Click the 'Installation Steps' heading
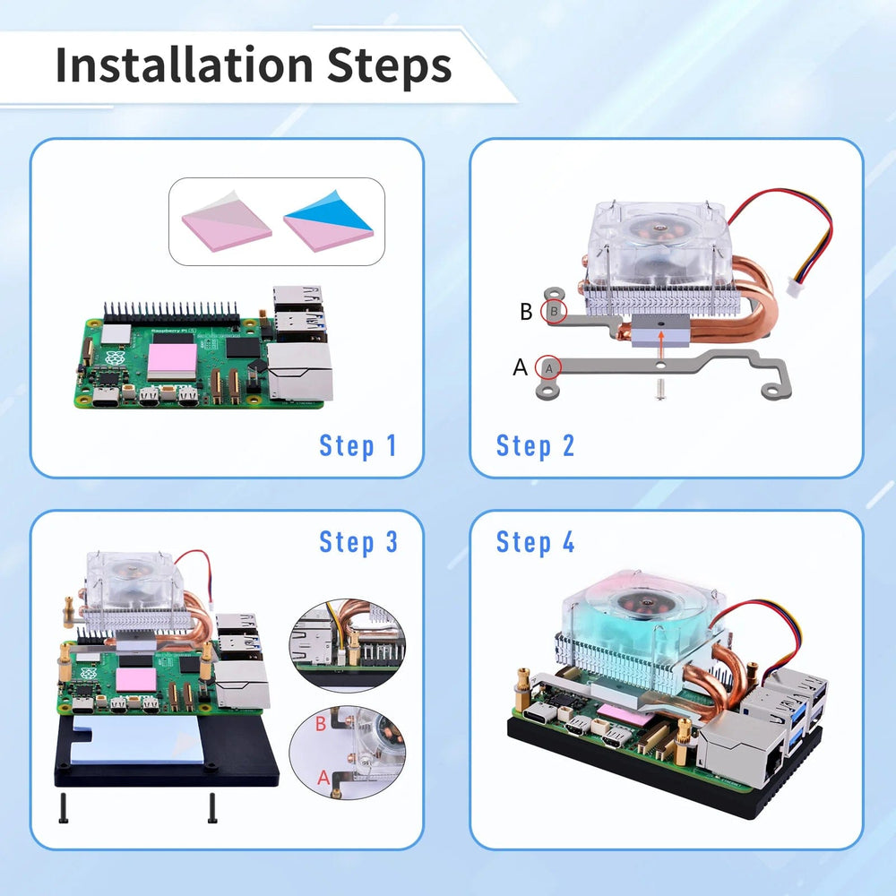point(254,65)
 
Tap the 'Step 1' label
point(358,445)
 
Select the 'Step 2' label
point(535,445)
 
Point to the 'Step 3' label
point(358,542)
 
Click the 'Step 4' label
point(536,542)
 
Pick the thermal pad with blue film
point(328,221)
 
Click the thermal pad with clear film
point(227,221)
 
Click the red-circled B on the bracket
point(553,312)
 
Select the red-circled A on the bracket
point(548,368)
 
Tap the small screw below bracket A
point(660,391)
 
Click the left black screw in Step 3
point(64,808)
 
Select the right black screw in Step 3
point(212,808)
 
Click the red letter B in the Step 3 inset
point(321,723)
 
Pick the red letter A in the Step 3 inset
point(323,778)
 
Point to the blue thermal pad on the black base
point(137,739)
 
